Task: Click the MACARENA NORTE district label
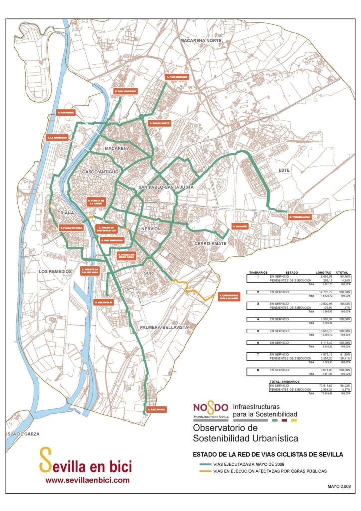201,39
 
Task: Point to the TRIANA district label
66,213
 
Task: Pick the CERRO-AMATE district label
211,243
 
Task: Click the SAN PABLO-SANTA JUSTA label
166,187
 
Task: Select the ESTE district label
284,170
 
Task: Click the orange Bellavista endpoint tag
156,409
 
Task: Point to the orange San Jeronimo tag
125,92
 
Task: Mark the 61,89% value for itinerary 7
345,354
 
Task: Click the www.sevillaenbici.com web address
87,480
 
